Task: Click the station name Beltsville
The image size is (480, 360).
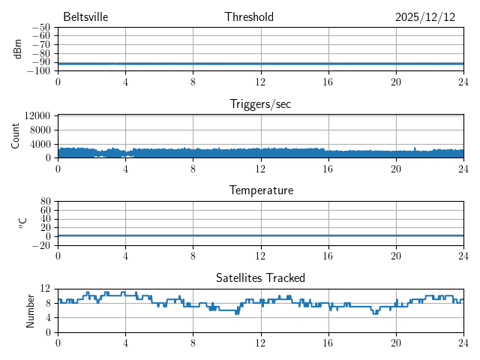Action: tap(85, 17)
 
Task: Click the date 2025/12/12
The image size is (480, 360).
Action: tap(425, 17)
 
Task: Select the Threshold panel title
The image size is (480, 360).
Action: tap(249, 17)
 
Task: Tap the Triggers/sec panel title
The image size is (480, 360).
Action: tap(260, 104)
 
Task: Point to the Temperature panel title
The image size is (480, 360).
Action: tap(260, 190)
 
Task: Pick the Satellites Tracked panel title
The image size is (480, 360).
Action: tap(260, 277)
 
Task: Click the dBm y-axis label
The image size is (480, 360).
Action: tap(17, 49)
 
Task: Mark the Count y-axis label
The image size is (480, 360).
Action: tap(15, 136)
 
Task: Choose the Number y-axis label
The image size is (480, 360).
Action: tap(30, 310)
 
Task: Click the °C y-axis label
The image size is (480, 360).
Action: tap(22, 223)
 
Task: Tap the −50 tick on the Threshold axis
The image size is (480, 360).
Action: tap(40, 28)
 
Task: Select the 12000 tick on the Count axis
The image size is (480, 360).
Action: tap(37, 116)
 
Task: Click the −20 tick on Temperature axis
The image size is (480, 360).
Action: tap(40, 245)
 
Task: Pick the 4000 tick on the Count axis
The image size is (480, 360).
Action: tap(40, 144)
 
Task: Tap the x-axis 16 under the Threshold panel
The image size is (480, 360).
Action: tap(328, 82)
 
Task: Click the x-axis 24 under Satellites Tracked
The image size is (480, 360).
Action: tap(463, 343)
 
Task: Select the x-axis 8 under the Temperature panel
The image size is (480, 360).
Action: tap(193, 256)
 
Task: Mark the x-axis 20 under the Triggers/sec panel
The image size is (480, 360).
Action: tap(395, 169)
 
